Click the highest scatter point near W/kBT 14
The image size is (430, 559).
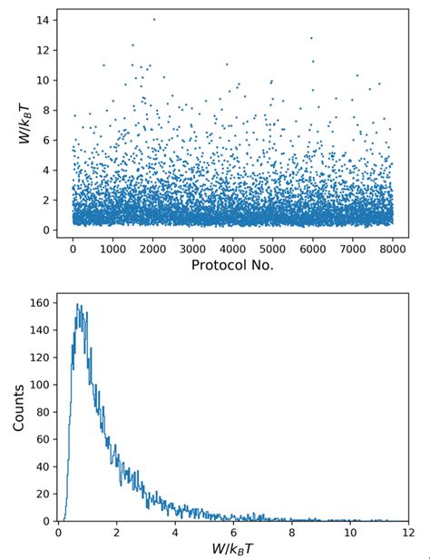[x=153, y=19]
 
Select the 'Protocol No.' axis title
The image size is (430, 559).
[x=233, y=265]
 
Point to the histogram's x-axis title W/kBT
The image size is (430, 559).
[x=233, y=547]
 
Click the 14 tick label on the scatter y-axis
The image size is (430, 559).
[x=42, y=20]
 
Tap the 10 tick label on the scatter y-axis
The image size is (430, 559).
[x=42, y=80]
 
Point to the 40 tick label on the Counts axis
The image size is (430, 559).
[x=42, y=467]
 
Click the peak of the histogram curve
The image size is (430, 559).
[x=78, y=305]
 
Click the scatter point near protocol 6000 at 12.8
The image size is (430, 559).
[x=311, y=38]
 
